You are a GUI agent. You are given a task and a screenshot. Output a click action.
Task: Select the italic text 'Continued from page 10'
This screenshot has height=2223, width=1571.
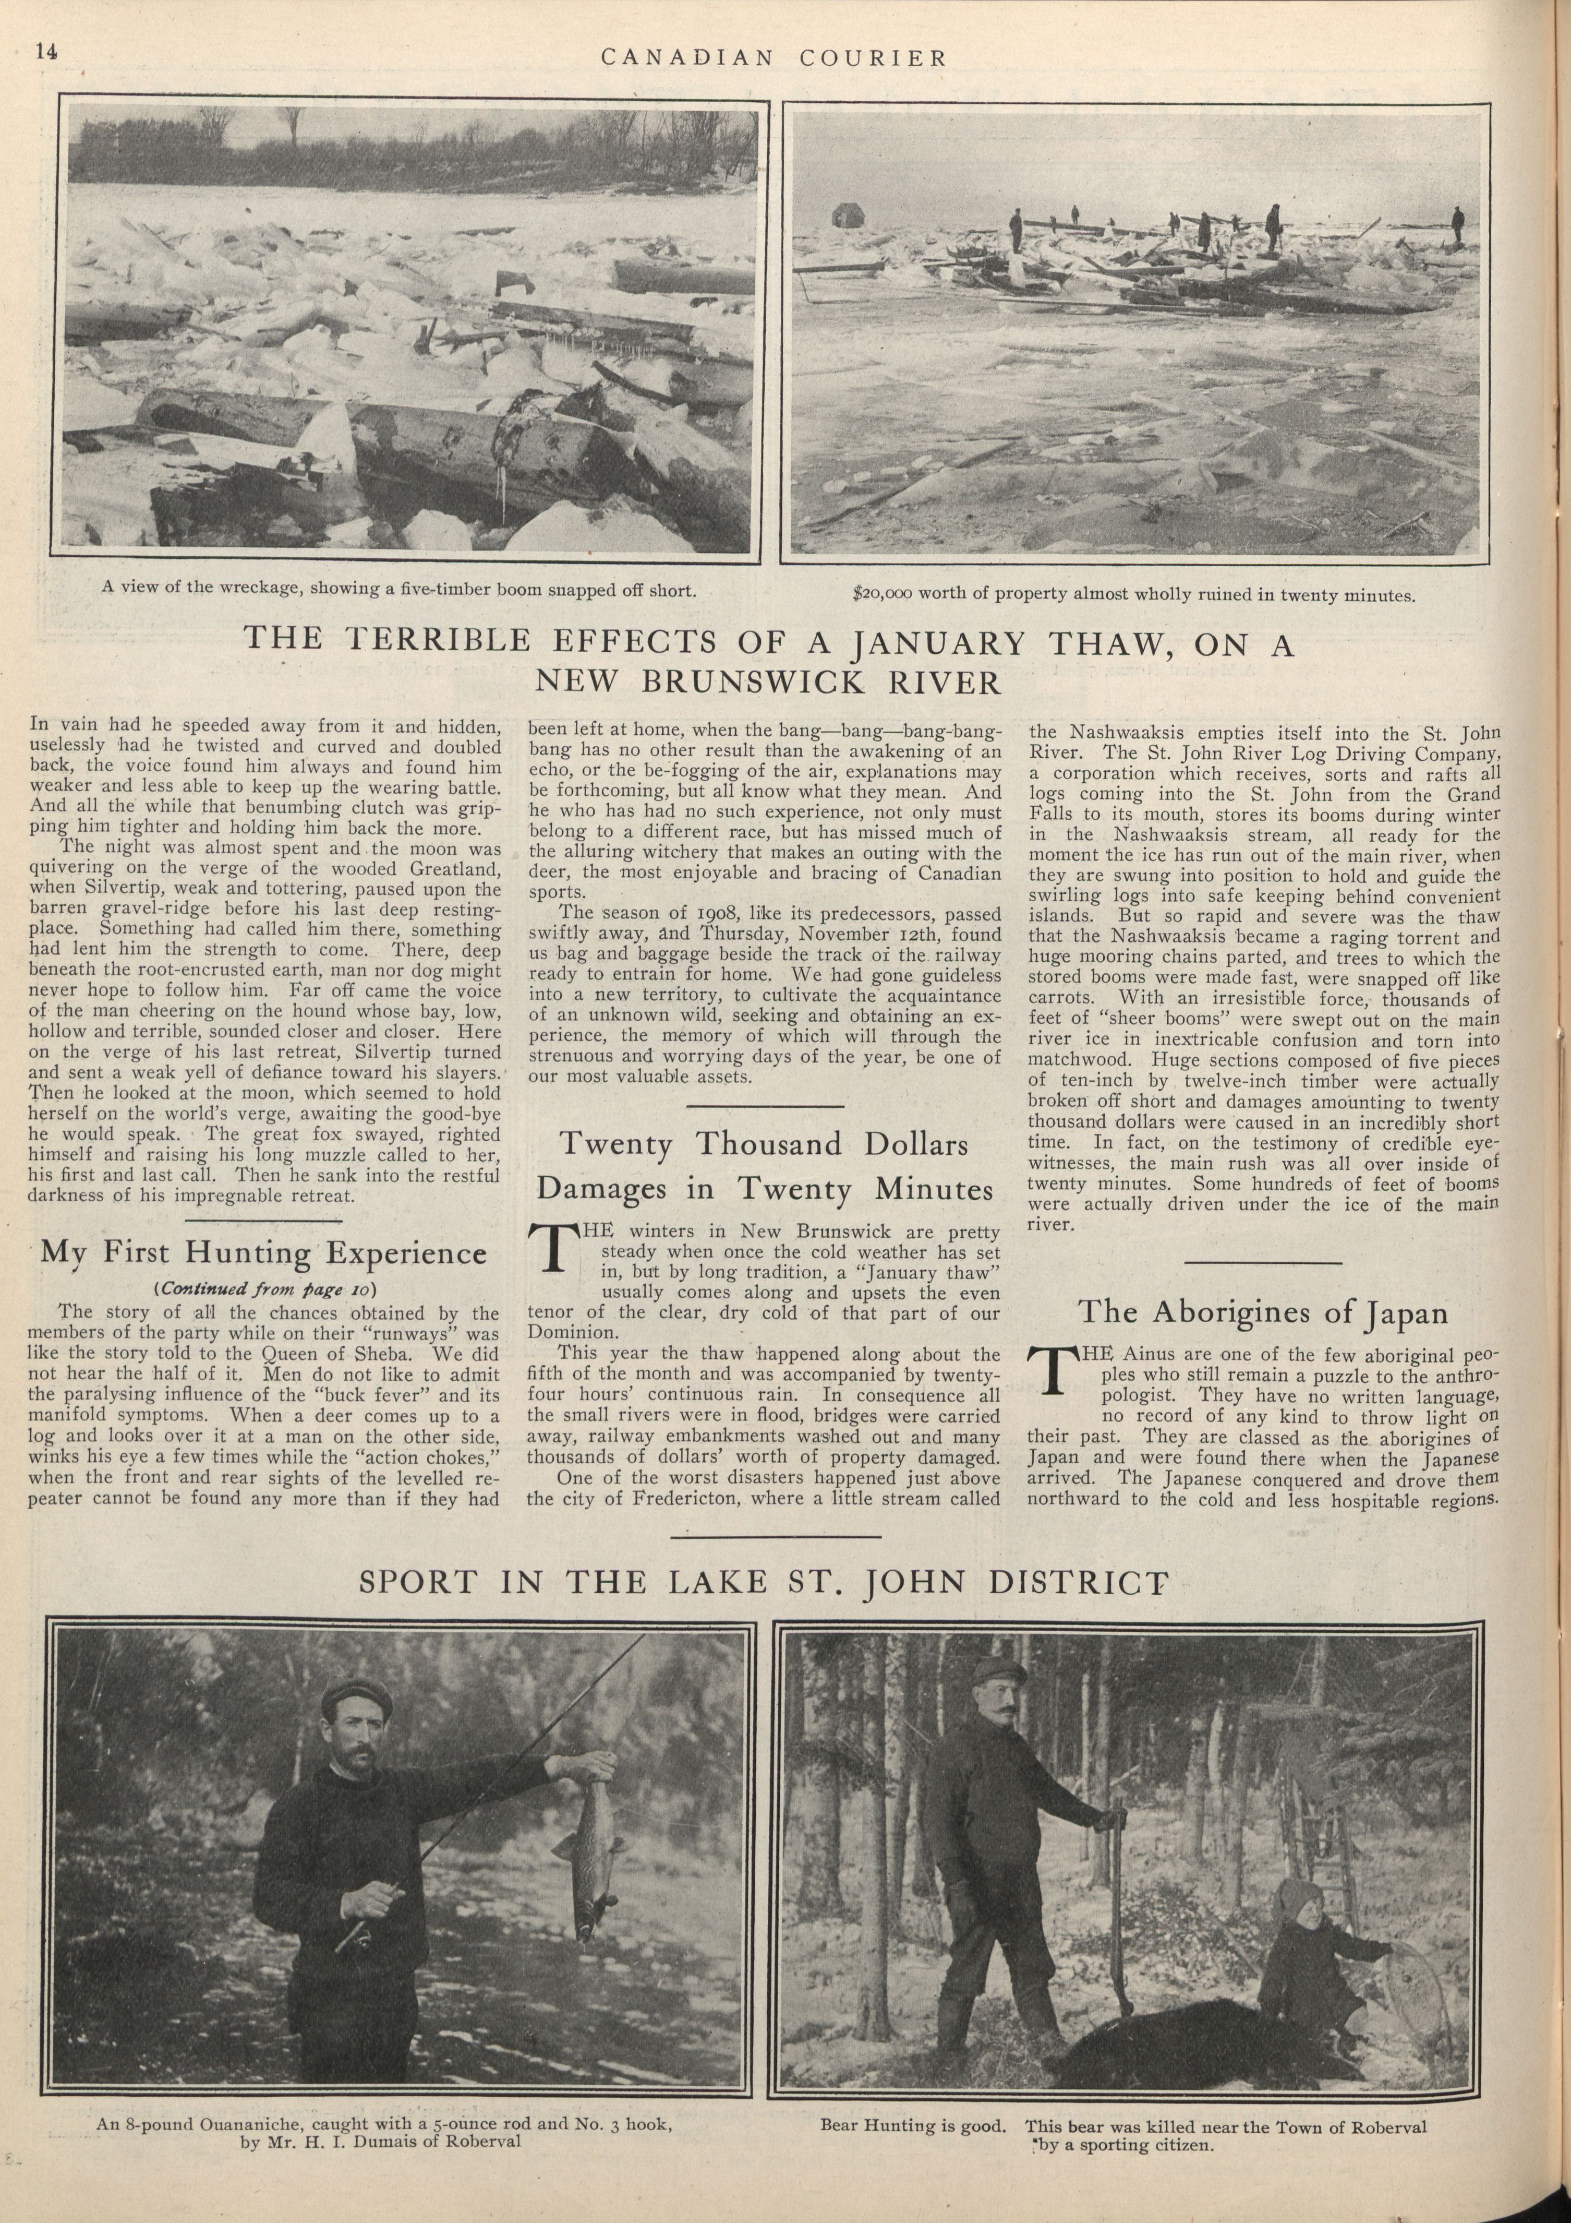263,1289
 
